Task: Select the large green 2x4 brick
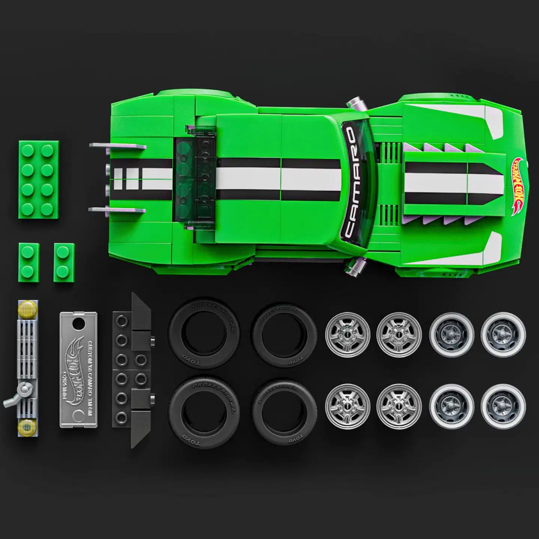click(x=39, y=180)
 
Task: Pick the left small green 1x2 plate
click(x=29, y=262)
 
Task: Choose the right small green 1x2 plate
click(x=64, y=262)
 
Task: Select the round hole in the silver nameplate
click(x=79, y=322)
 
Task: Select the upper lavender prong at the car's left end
click(x=118, y=146)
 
